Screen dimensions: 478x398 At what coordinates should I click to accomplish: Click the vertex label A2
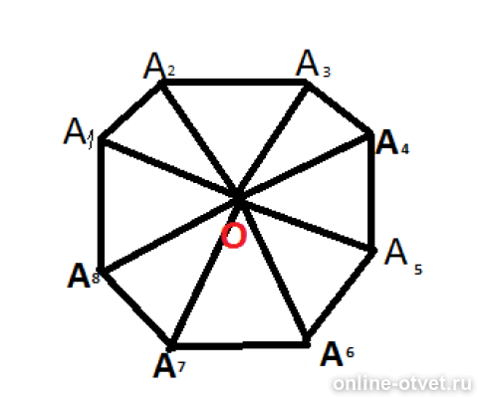pyautogui.click(x=159, y=66)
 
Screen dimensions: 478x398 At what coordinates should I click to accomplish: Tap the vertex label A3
pyautogui.click(x=314, y=64)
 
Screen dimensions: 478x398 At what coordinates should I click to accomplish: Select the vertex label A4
pyautogui.click(x=392, y=143)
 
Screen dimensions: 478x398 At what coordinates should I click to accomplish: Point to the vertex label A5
pyautogui.click(x=403, y=257)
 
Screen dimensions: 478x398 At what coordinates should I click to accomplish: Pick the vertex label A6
pyautogui.click(x=338, y=354)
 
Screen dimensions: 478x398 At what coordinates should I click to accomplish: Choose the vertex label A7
pyautogui.click(x=169, y=366)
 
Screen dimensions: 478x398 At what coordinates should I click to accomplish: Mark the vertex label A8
pyautogui.click(x=84, y=276)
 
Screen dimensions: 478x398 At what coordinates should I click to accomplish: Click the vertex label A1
pyautogui.click(x=79, y=132)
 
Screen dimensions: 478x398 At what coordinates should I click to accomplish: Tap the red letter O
pyautogui.click(x=234, y=236)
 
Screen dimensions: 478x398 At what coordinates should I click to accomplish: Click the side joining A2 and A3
pyautogui.click(x=235, y=83)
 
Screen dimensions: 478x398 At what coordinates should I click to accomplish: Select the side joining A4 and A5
pyautogui.click(x=371, y=191)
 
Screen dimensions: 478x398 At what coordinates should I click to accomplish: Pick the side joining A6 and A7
pyautogui.click(x=239, y=345)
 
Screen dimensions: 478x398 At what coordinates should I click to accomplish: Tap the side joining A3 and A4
pyautogui.click(x=340, y=107)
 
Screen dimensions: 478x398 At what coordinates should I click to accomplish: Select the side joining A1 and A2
pyautogui.click(x=131, y=111)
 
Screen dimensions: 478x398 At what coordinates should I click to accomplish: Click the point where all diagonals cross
pyautogui.click(x=238, y=197)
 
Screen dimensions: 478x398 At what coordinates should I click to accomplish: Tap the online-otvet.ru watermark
pyautogui.click(x=402, y=384)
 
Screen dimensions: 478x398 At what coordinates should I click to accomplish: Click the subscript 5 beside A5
pyautogui.click(x=418, y=270)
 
